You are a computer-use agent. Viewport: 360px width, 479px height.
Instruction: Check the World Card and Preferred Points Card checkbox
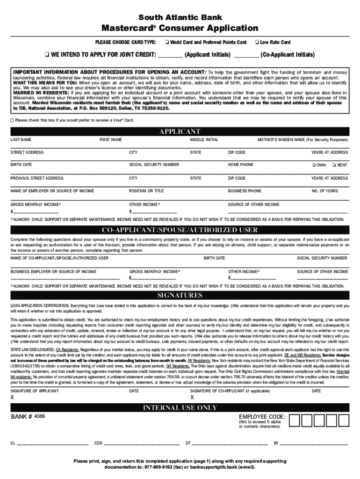167,43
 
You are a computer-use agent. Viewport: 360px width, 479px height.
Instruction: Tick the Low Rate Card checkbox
257,43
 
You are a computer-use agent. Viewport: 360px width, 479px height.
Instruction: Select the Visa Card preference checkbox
12,120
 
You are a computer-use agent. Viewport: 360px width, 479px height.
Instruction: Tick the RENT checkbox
334,165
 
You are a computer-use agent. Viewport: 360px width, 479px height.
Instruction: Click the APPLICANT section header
180,131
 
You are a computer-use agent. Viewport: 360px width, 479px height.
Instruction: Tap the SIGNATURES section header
180,295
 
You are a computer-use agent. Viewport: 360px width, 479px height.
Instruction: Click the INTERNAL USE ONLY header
180,408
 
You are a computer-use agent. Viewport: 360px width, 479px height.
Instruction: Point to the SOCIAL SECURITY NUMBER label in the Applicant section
154,165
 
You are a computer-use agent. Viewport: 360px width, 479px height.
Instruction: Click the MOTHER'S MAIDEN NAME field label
302,139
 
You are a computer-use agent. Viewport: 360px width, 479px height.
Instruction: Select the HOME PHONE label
240,165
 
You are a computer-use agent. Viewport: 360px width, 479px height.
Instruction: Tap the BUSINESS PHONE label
245,191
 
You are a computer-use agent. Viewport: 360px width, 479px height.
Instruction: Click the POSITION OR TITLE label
146,191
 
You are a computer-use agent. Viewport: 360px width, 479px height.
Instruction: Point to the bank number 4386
40,416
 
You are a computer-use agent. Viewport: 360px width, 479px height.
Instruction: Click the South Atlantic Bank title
180,17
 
